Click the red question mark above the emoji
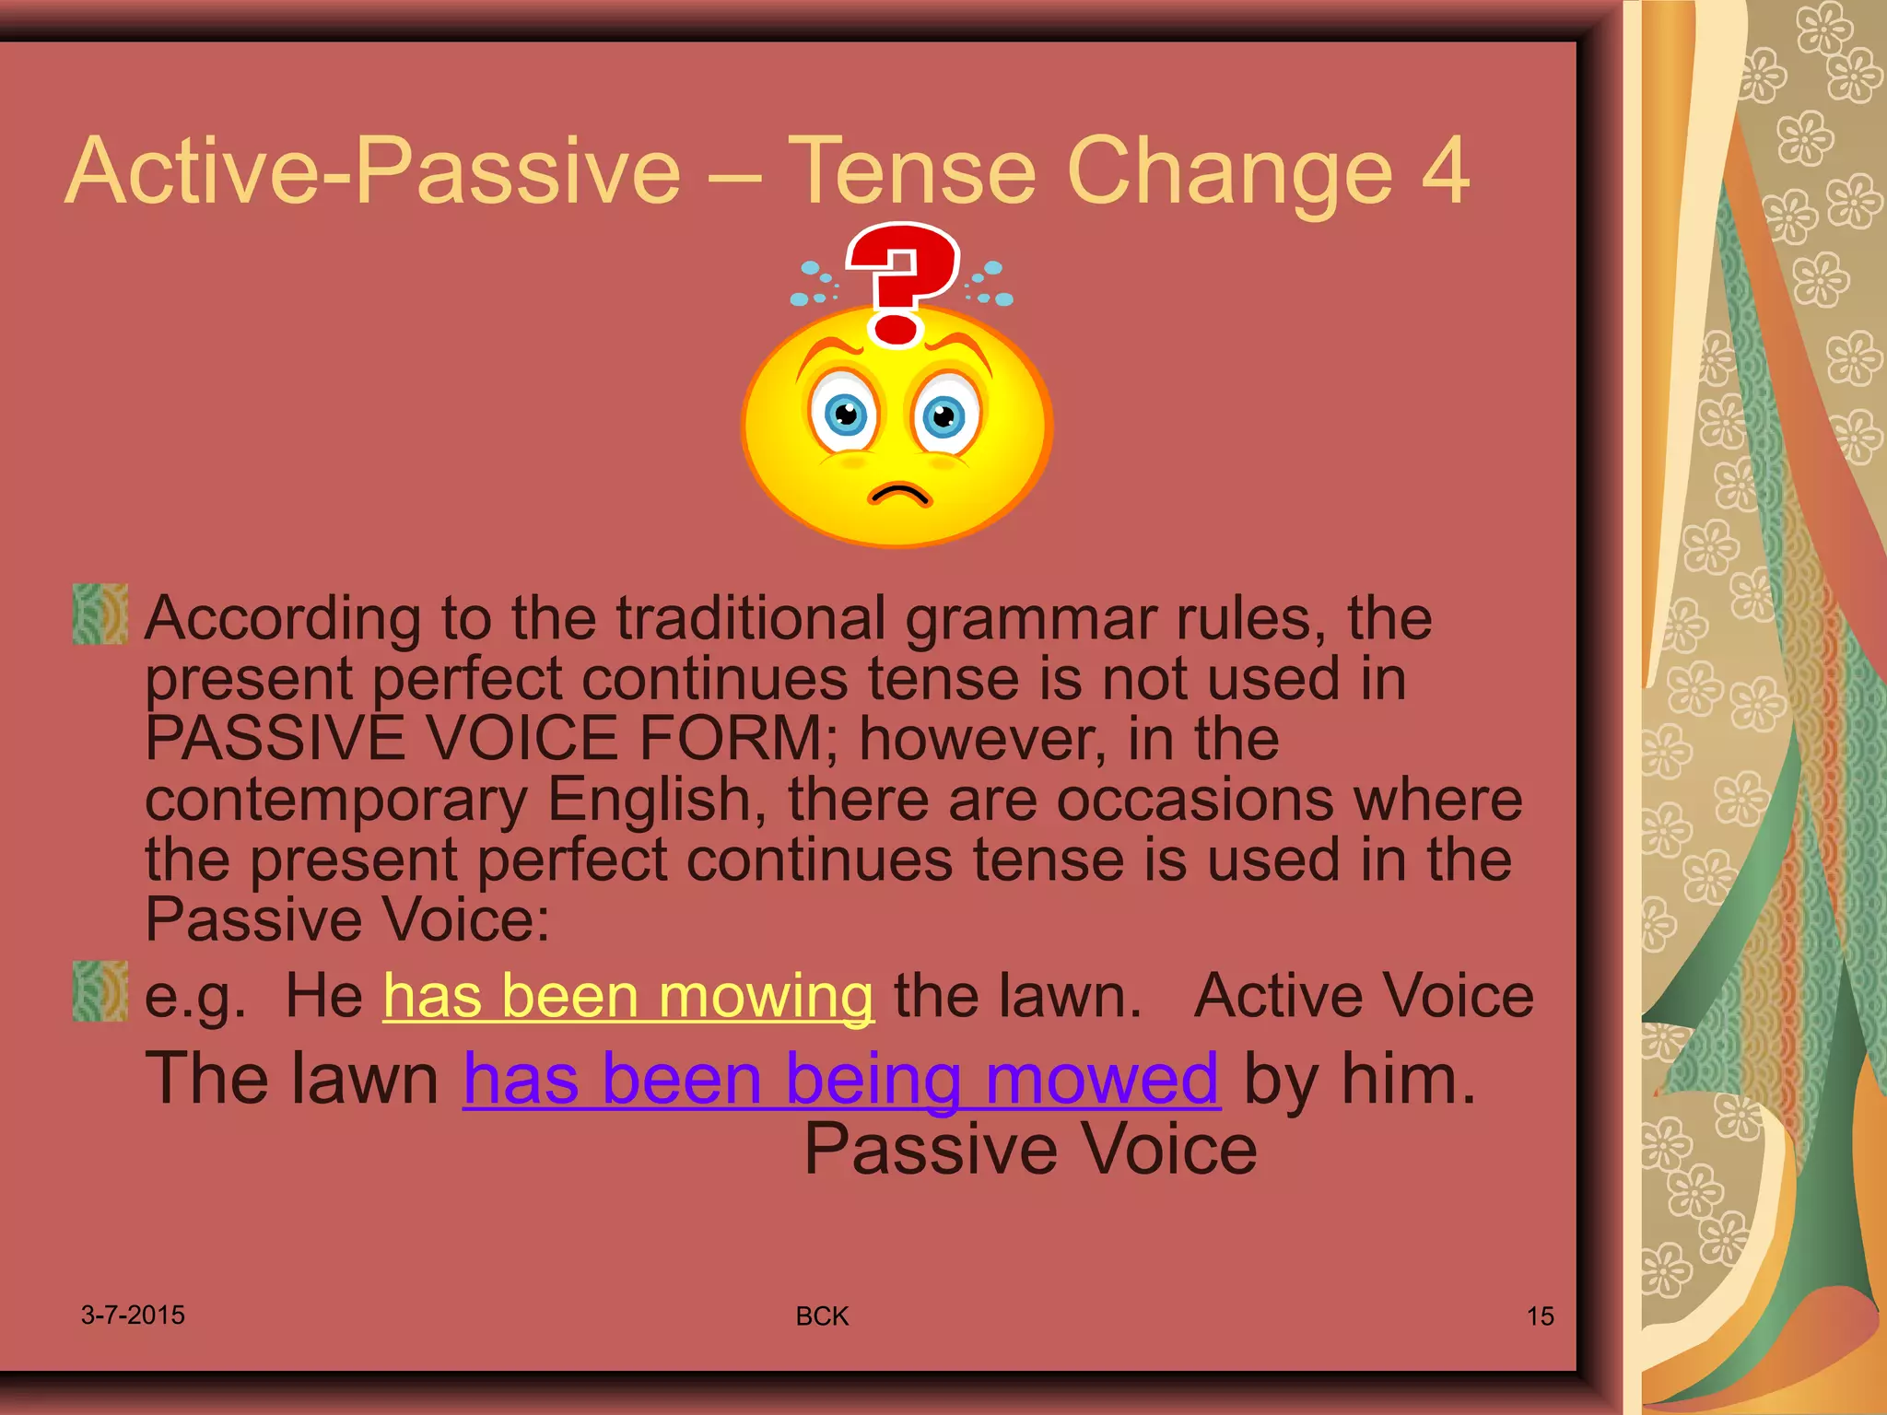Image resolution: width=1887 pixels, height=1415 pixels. click(x=901, y=281)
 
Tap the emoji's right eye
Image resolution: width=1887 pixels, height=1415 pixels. click(x=944, y=417)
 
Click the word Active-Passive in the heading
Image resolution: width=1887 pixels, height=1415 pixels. click(x=373, y=171)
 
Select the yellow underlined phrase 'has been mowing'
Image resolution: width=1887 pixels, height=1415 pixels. click(x=628, y=996)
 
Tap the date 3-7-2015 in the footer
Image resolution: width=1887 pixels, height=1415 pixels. click(x=133, y=1315)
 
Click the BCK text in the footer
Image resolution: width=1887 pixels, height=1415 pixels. click(x=822, y=1316)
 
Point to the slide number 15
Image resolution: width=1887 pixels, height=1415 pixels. click(x=1540, y=1316)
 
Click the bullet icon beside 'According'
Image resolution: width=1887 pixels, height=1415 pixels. click(x=100, y=614)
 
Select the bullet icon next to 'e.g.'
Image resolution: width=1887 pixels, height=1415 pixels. click(x=100, y=991)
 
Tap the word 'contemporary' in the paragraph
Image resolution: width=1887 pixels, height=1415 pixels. click(x=336, y=800)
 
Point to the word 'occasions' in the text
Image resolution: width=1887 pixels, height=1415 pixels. click(x=1195, y=800)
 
